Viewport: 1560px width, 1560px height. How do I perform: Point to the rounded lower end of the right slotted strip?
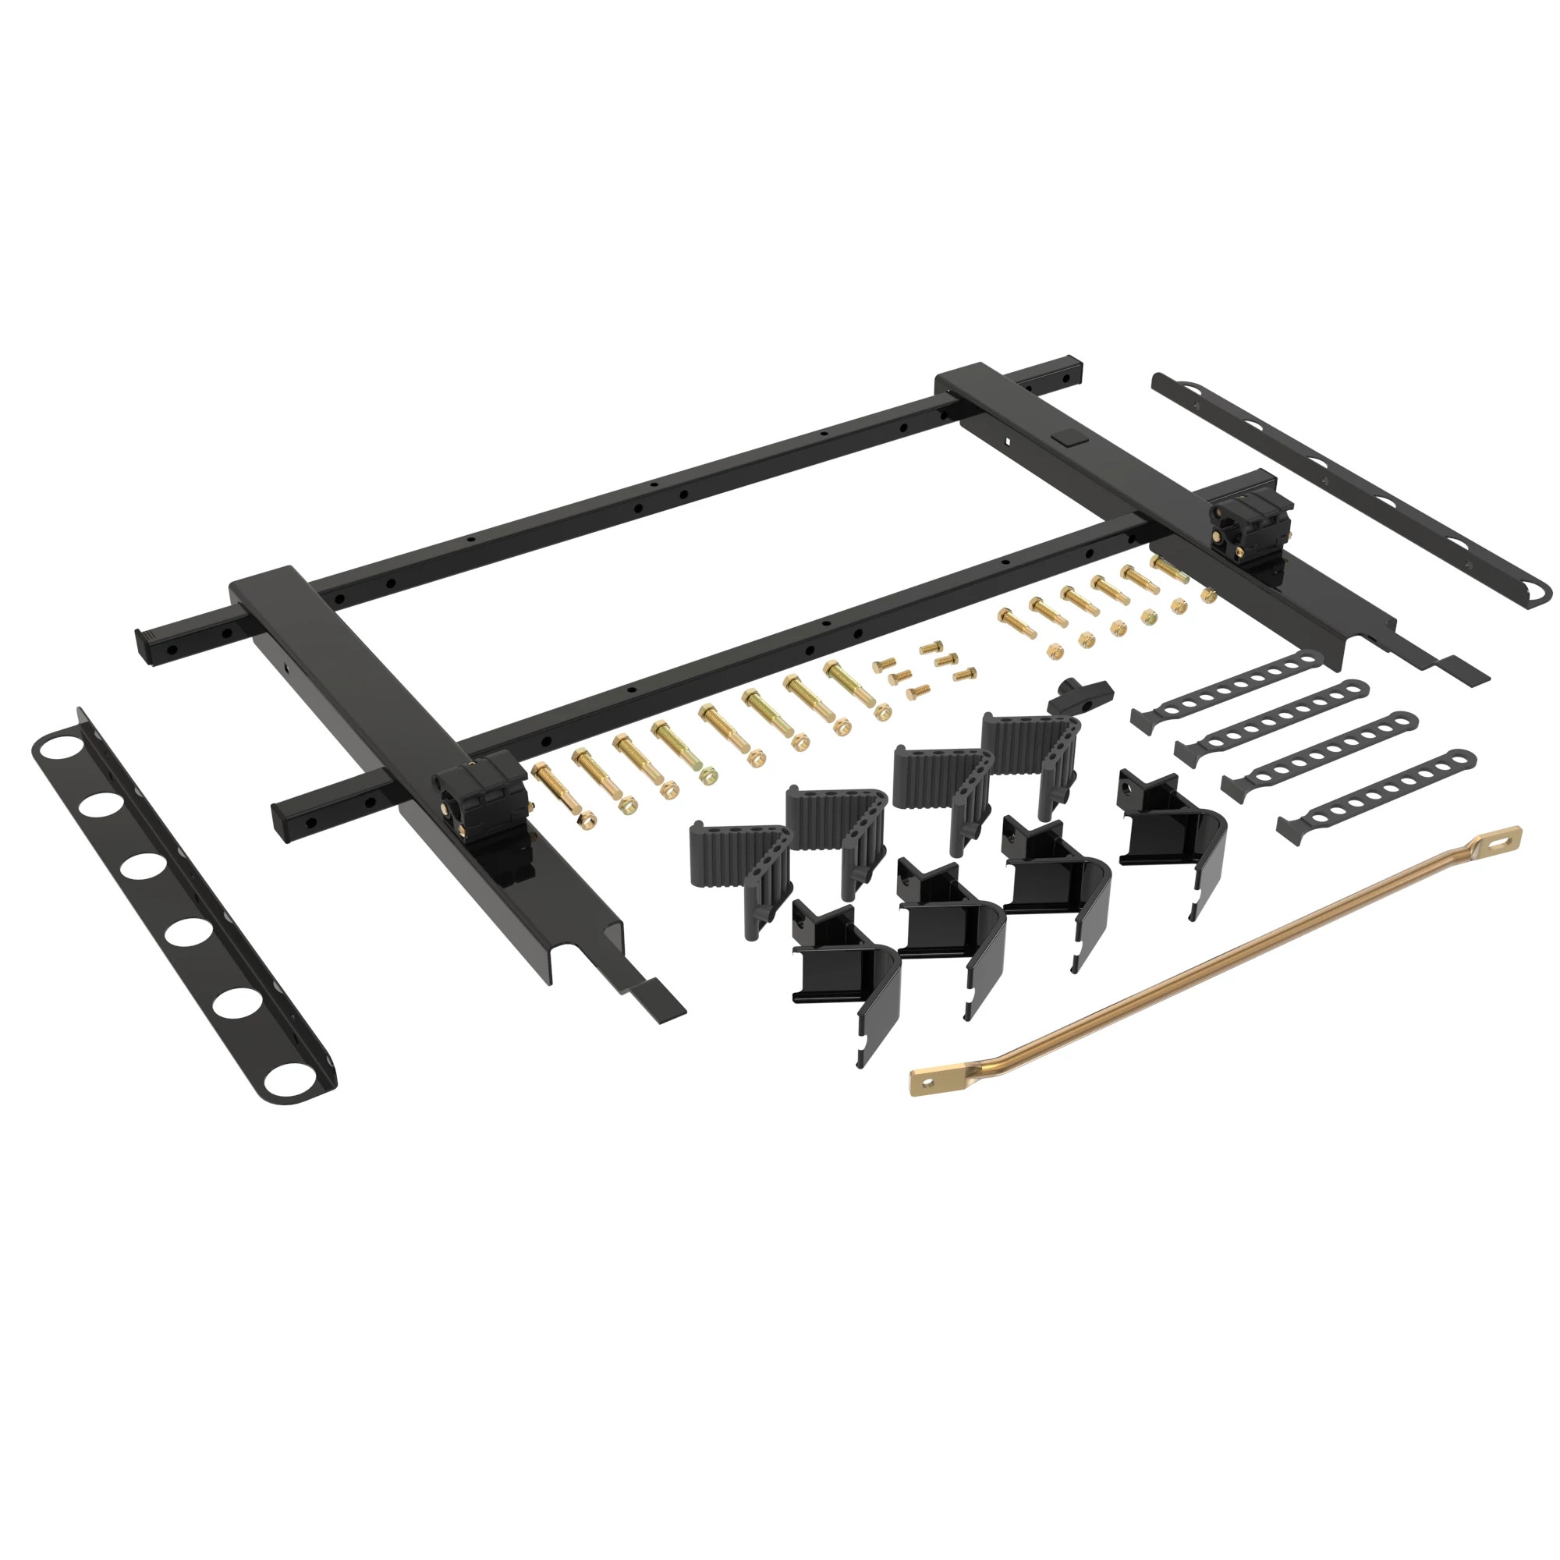[1534, 596]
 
